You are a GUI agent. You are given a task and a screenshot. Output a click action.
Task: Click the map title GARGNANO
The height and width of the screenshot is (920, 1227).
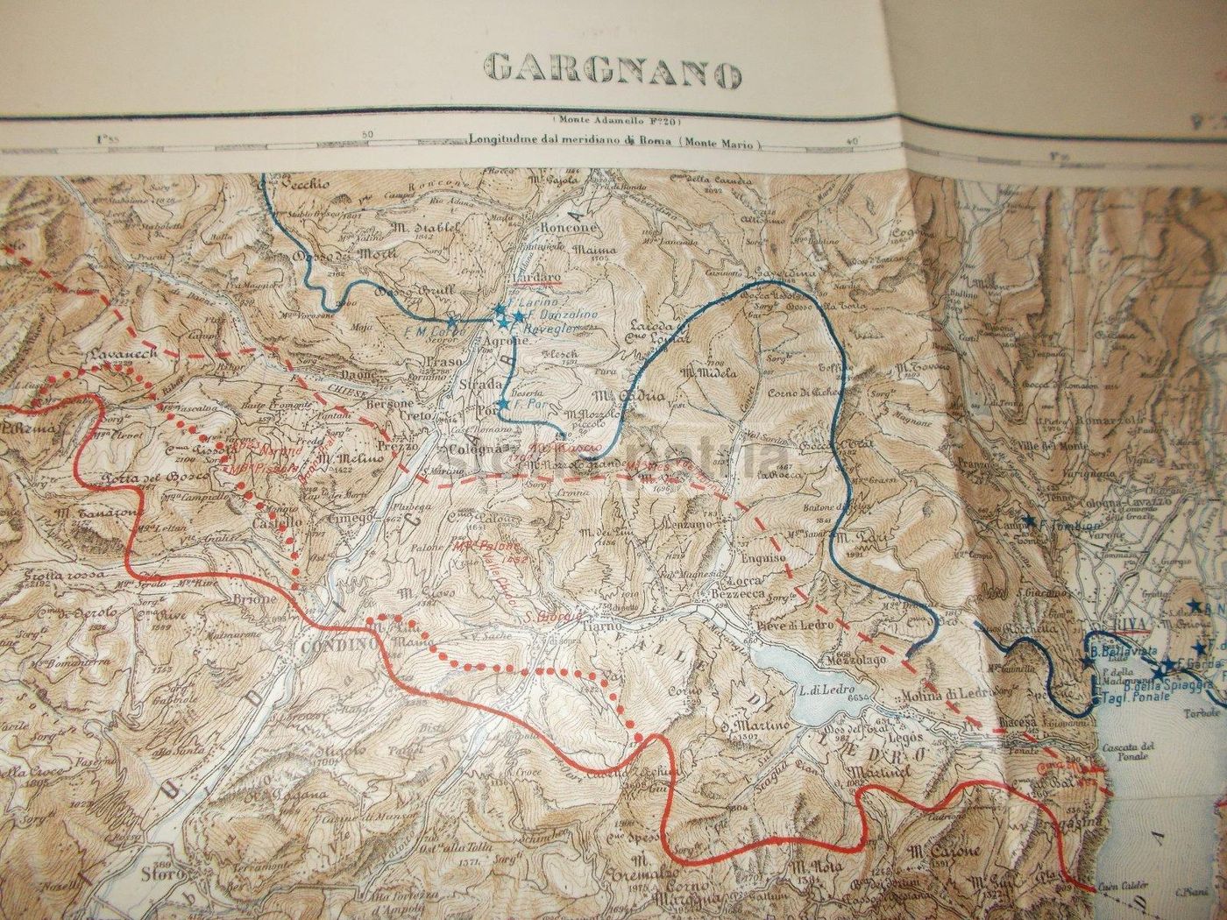[x=612, y=69]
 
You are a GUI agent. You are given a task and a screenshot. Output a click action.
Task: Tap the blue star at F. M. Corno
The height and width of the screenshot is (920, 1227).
[x=452, y=322]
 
